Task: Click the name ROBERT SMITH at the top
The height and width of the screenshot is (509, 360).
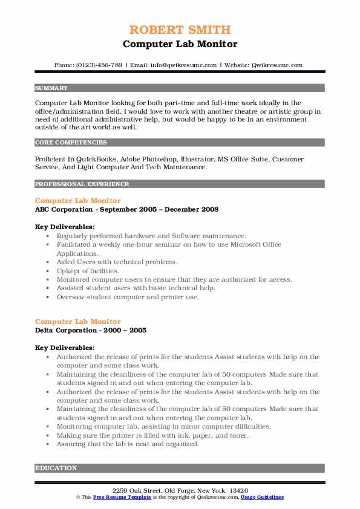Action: tap(180, 30)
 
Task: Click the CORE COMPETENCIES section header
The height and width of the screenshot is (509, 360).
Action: tap(71, 143)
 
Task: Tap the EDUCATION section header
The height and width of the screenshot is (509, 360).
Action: tap(56, 468)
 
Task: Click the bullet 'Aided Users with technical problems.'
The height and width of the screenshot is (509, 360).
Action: tap(117, 262)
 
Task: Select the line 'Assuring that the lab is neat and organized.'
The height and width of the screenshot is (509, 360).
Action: tap(128, 444)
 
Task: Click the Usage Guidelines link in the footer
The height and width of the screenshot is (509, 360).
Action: tap(261, 497)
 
